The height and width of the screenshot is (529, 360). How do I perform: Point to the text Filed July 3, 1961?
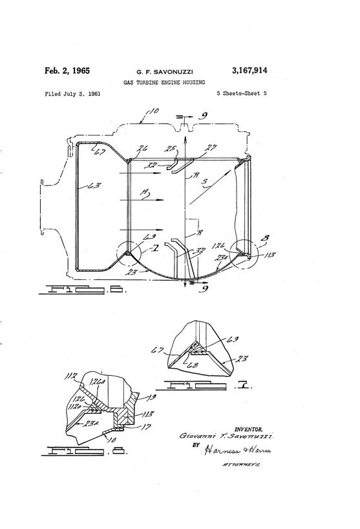pyautogui.click(x=72, y=94)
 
